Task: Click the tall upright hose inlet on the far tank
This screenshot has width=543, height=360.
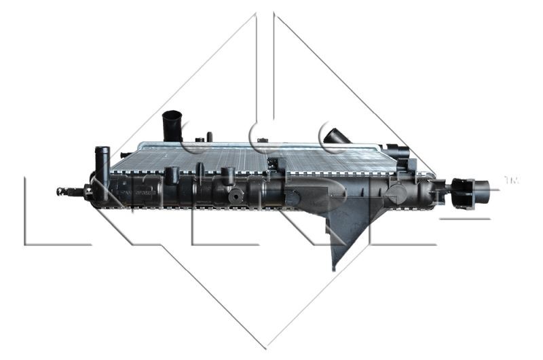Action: tap(172, 126)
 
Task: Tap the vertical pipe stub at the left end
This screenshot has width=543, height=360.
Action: tap(102, 163)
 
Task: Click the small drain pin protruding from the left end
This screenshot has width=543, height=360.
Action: tap(65, 191)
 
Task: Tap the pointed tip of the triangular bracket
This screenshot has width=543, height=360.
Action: tap(334, 267)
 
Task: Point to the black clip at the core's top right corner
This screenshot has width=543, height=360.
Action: tap(399, 154)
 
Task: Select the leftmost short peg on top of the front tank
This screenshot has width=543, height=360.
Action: tap(172, 176)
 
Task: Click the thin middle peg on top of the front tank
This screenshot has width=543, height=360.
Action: tap(200, 171)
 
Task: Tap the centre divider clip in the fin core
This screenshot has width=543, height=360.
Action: tap(274, 164)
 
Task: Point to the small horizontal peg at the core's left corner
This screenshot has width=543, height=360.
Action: tap(124, 154)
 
